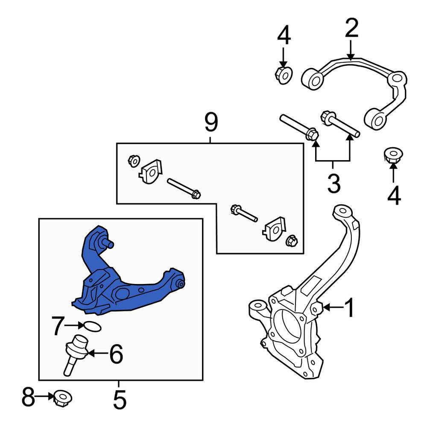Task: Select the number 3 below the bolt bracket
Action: [x=333, y=184]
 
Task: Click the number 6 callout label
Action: [x=116, y=354]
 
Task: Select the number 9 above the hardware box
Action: [x=211, y=123]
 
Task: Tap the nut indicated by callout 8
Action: [x=62, y=398]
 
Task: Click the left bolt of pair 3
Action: [x=298, y=126]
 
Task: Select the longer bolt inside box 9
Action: [x=184, y=188]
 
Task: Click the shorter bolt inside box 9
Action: [x=243, y=213]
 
